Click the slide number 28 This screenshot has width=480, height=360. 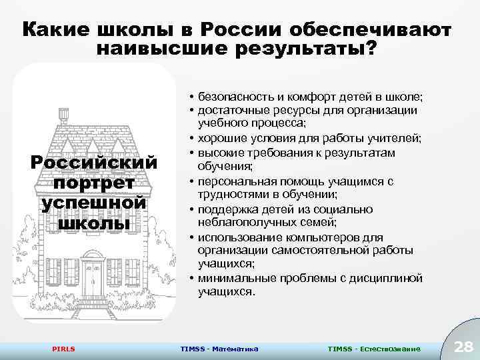click(462, 345)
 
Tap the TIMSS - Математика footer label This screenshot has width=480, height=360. click(219, 349)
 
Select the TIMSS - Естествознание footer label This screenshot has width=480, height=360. click(374, 349)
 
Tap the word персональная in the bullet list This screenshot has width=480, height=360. click(236, 181)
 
